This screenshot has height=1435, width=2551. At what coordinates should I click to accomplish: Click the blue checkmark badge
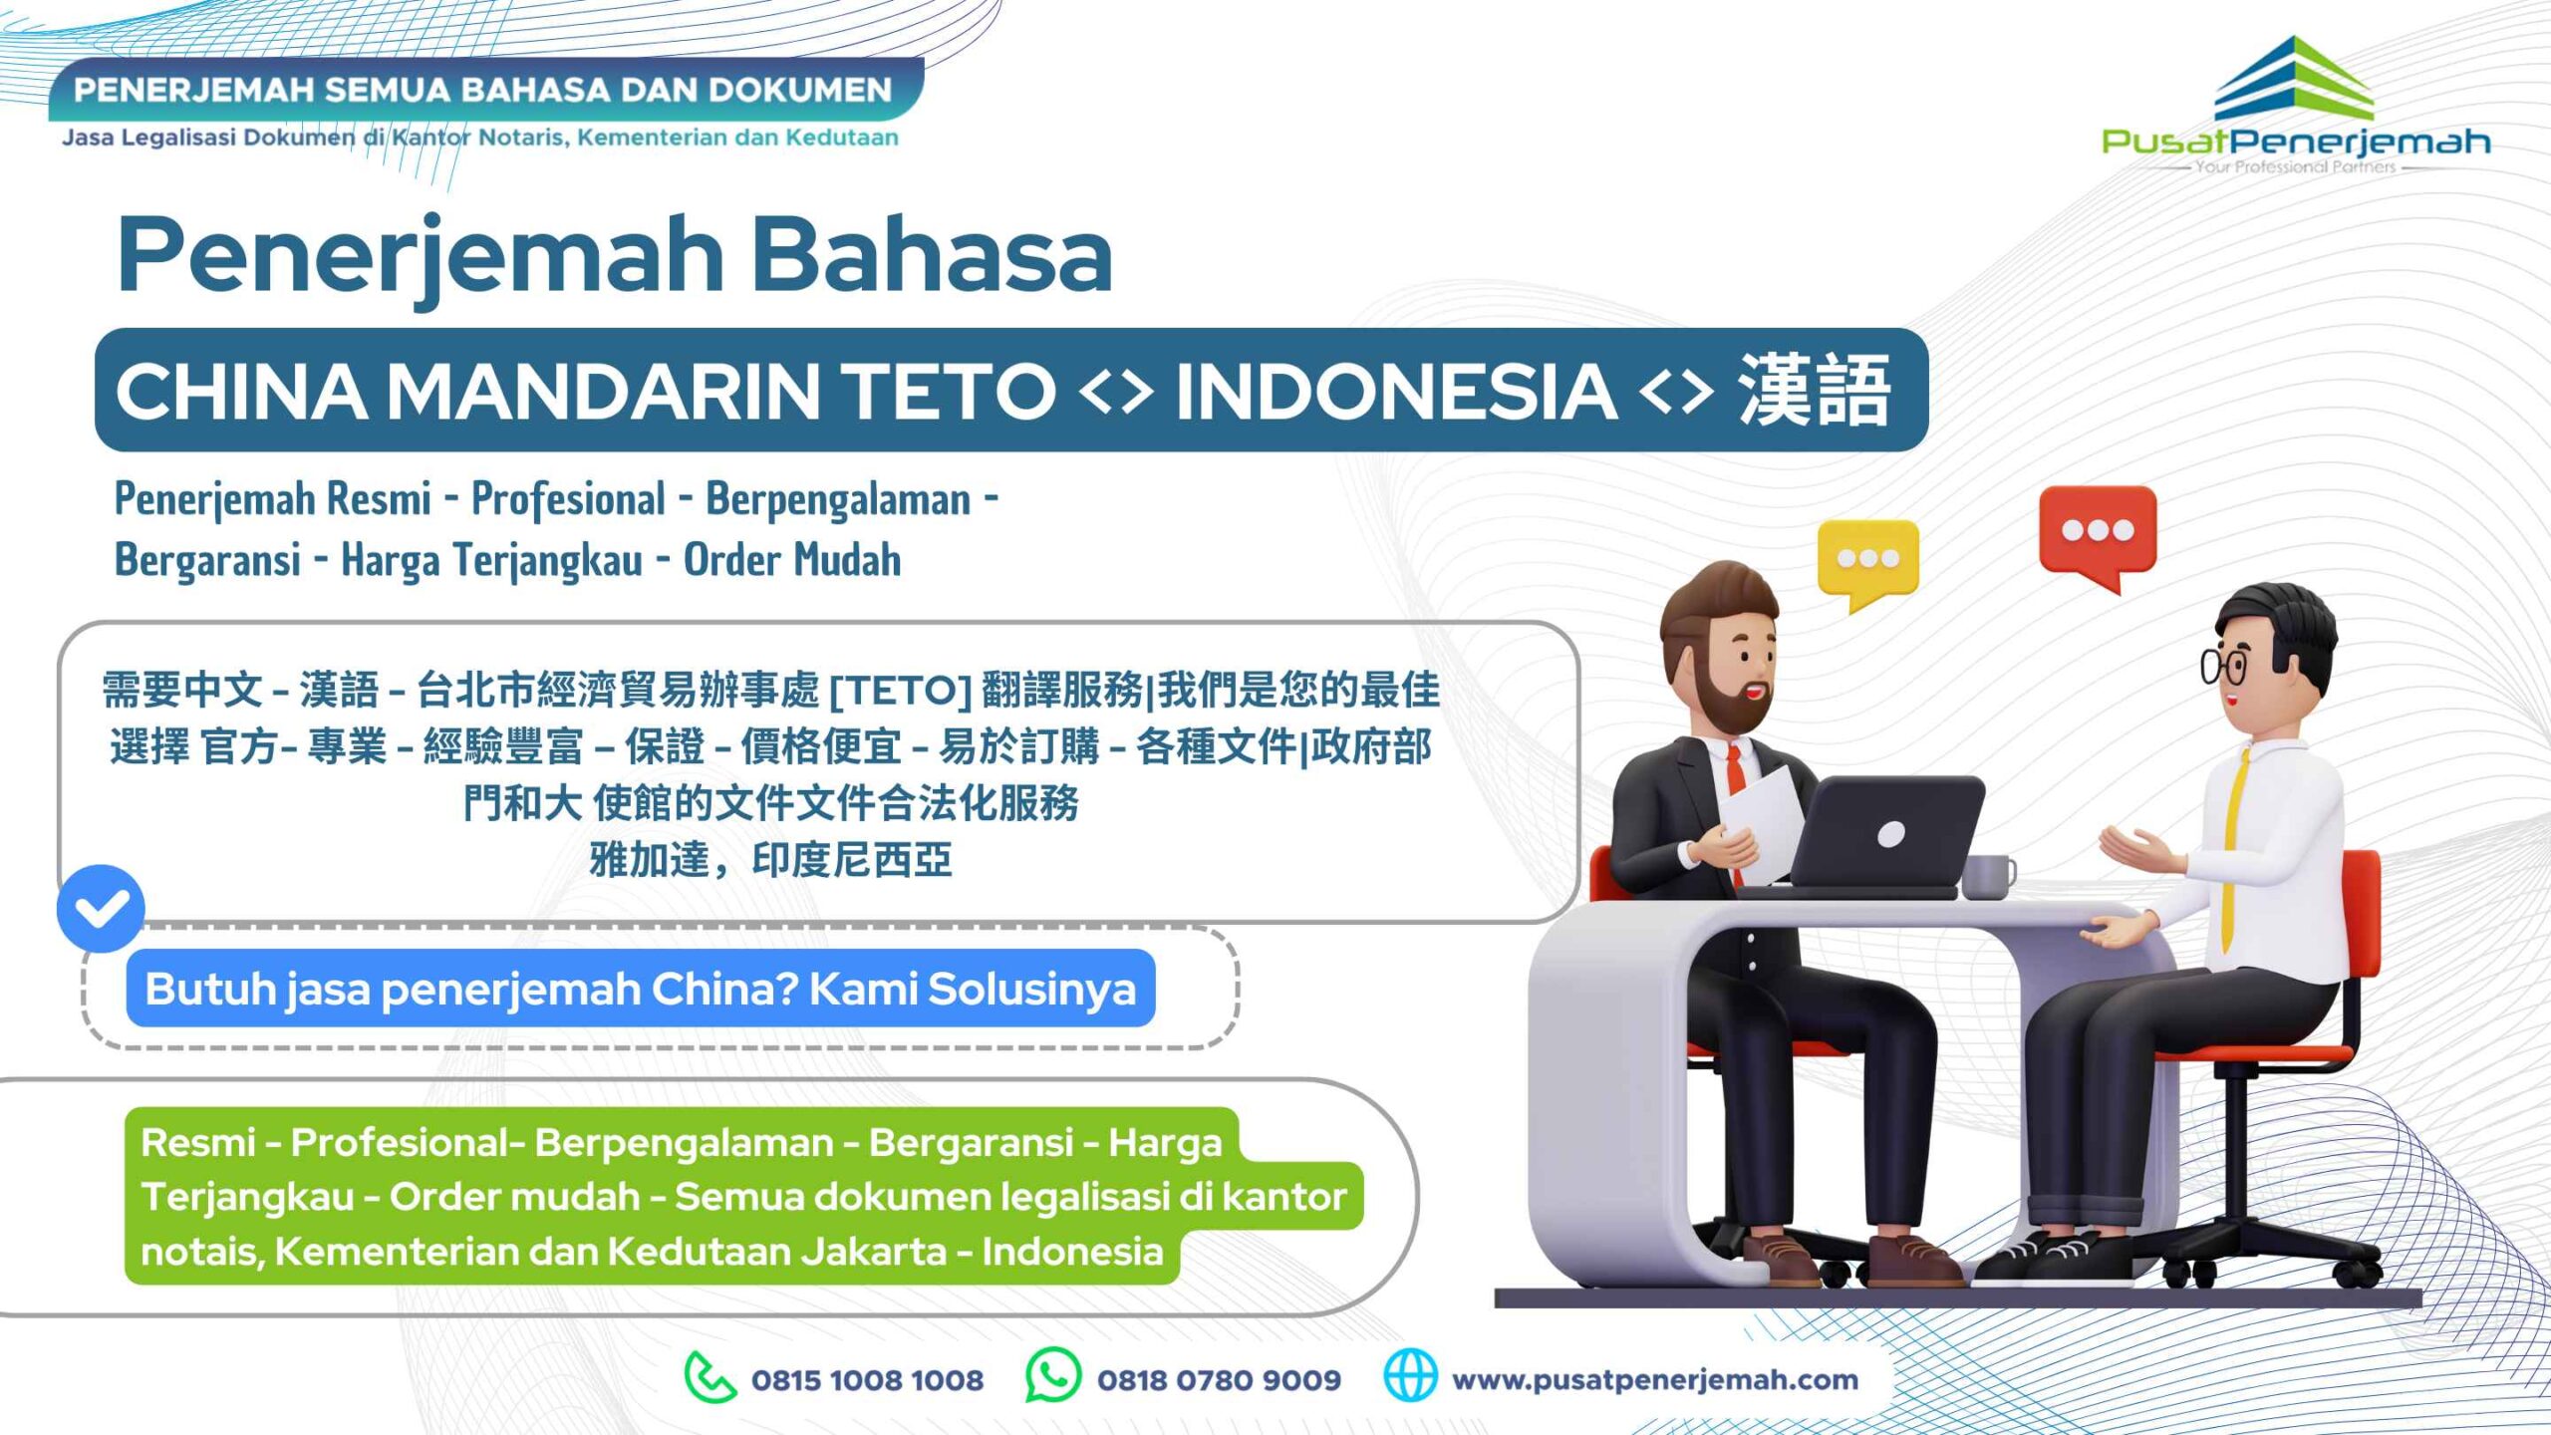[x=101, y=908]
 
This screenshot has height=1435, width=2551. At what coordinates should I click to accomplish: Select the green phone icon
[x=709, y=1377]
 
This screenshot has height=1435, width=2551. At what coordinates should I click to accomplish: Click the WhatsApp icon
[x=1053, y=1375]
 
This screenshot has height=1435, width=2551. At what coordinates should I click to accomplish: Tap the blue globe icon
[x=1411, y=1375]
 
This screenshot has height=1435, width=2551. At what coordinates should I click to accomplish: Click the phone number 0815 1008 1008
[x=867, y=1380]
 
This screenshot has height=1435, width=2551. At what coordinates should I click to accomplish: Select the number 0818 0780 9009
[x=1219, y=1380]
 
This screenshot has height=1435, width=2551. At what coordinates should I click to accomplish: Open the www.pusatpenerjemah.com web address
[x=1655, y=1380]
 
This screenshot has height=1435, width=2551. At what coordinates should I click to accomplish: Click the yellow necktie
[x=2232, y=847]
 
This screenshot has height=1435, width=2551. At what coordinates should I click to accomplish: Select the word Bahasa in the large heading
[x=932, y=255]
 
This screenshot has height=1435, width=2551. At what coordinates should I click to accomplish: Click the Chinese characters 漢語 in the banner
[x=1814, y=391]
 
